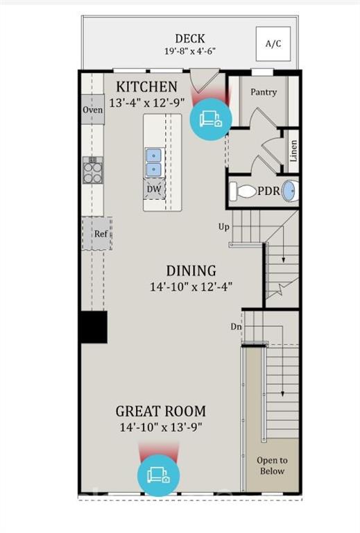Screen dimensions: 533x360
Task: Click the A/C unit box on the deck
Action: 273,44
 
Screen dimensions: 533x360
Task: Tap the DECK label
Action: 189,39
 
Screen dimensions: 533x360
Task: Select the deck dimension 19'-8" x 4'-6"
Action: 189,52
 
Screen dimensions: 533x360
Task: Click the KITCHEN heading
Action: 146,87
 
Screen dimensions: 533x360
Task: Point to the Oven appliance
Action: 93,110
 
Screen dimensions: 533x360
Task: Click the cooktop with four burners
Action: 93,169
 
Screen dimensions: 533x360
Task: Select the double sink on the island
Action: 154,162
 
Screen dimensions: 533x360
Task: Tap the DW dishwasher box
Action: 155,188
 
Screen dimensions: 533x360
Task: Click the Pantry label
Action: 263,92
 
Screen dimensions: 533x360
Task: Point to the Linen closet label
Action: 293,152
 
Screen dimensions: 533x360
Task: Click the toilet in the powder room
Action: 243,191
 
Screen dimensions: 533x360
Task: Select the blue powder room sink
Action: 291,191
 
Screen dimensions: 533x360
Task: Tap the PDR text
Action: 268,191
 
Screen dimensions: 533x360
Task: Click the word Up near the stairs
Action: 223,226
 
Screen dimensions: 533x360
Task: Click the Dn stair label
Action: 237,325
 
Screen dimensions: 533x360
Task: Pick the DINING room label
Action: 191,271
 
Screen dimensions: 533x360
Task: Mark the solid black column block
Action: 93,327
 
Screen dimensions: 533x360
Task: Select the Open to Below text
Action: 272,466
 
